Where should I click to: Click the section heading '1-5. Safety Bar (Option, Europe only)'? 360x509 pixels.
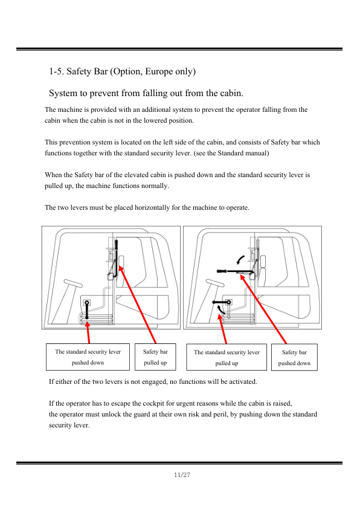point(122,71)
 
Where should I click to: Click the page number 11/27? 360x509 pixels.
point(182,475)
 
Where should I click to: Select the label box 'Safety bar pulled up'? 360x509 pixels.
point(155,357)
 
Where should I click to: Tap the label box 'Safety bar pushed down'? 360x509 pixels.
point(294,357)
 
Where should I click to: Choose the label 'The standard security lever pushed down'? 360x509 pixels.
point(88,357)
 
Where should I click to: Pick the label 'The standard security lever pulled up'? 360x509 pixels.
point(227,357)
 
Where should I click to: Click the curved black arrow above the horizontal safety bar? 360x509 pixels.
point(240,259)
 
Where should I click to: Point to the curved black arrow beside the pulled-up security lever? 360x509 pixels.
point(220,310)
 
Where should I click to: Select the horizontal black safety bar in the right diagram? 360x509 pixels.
point(235,271)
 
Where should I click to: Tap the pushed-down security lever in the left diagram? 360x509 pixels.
point(87,311)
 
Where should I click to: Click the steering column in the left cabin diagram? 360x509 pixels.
point(66,300)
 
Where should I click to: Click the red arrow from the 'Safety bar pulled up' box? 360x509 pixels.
point(138,305)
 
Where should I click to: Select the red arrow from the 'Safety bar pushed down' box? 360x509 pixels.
point(263,309)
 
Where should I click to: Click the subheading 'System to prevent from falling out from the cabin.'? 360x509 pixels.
point(146,93)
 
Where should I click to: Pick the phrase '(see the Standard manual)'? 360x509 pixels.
point(231,153)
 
